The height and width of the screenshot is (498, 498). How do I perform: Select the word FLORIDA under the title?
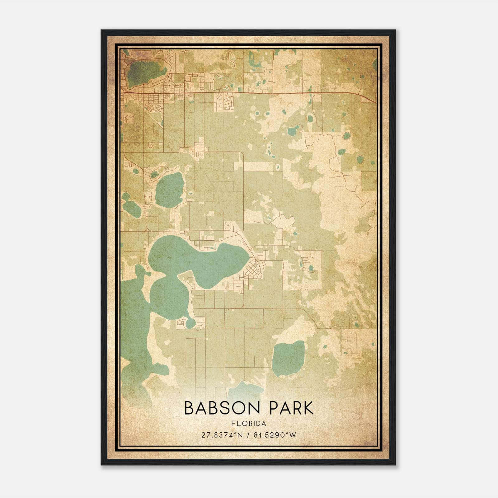point(249,423)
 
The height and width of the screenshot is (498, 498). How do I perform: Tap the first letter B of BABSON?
point(189,408)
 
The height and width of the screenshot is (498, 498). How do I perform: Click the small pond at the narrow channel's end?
point(190,324)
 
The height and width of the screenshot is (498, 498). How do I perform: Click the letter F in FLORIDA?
point(233,423)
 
